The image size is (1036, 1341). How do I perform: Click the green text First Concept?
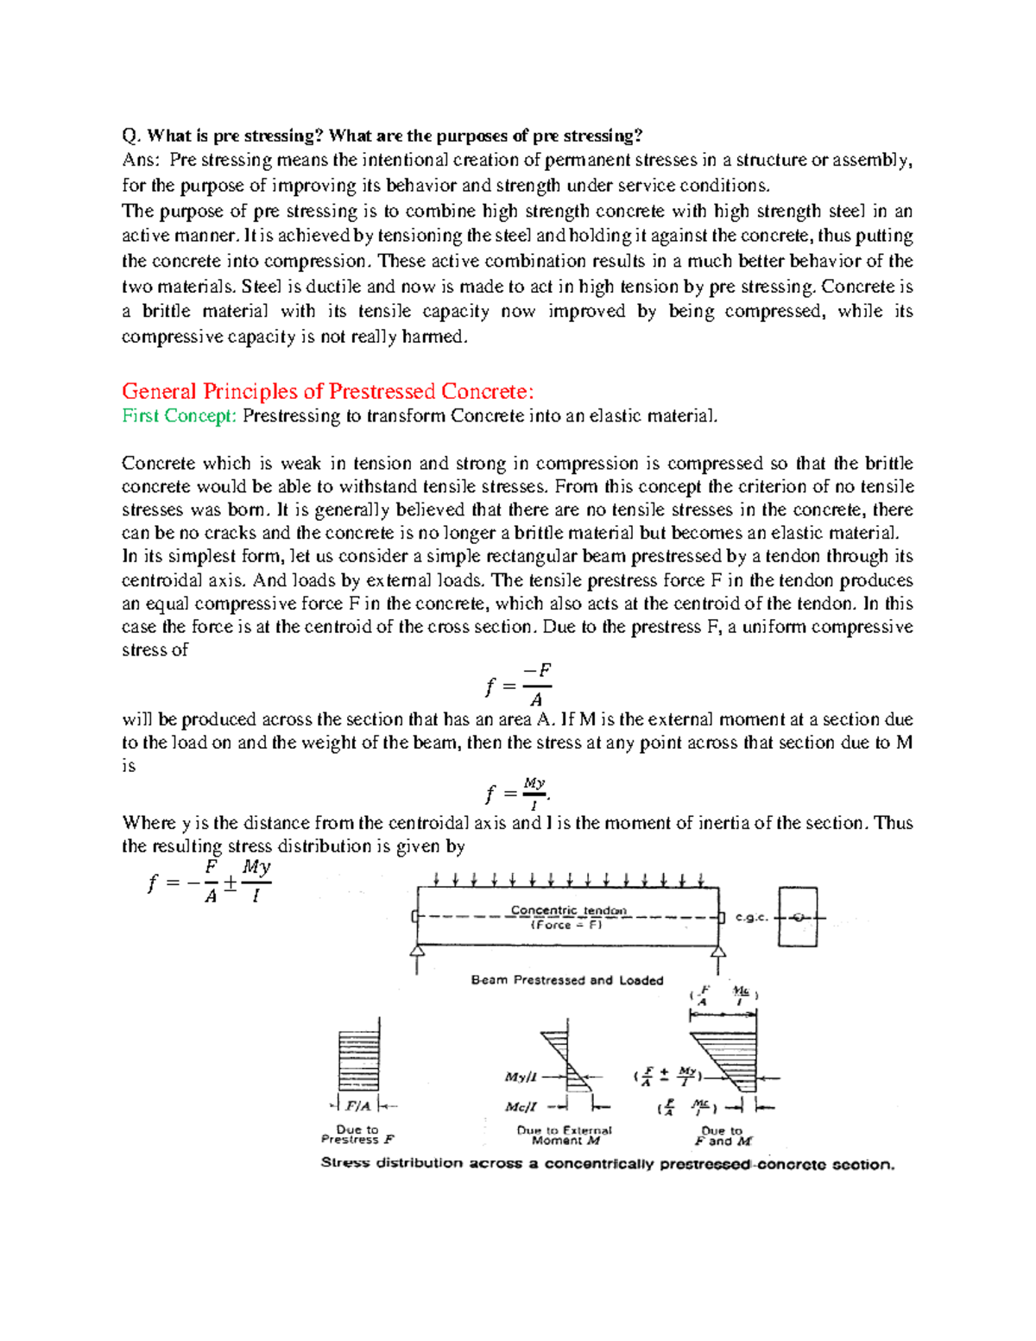pos(179,416)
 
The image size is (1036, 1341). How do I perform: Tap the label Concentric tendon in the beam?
pos(568,910)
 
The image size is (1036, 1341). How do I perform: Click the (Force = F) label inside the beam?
pos(566,925)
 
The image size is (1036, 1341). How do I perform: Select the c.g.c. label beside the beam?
pos(751,918)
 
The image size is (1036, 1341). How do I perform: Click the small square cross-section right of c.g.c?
pos(798,917)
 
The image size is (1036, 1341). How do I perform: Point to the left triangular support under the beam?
pos(417,952)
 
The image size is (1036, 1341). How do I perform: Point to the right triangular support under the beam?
pos(718,952)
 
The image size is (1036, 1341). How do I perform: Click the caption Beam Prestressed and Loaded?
pos(567,980)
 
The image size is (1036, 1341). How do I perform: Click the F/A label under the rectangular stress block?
pos(357,1106)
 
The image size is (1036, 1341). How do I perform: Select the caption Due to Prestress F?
pos(357,1135)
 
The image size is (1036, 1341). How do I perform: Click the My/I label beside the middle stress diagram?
pos(521,1077)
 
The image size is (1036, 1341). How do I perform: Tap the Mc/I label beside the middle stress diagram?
pos(521,1106)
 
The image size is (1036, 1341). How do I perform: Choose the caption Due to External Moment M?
pos(565,1135)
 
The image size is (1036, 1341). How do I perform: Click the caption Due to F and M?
pos(723,1135)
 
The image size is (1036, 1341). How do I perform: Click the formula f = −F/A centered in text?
pos(518,686)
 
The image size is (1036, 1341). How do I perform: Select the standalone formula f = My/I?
pos(516,791)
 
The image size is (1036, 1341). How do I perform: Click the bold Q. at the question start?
pos(130,136)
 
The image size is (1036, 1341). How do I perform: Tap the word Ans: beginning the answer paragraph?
pos(141,161)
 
